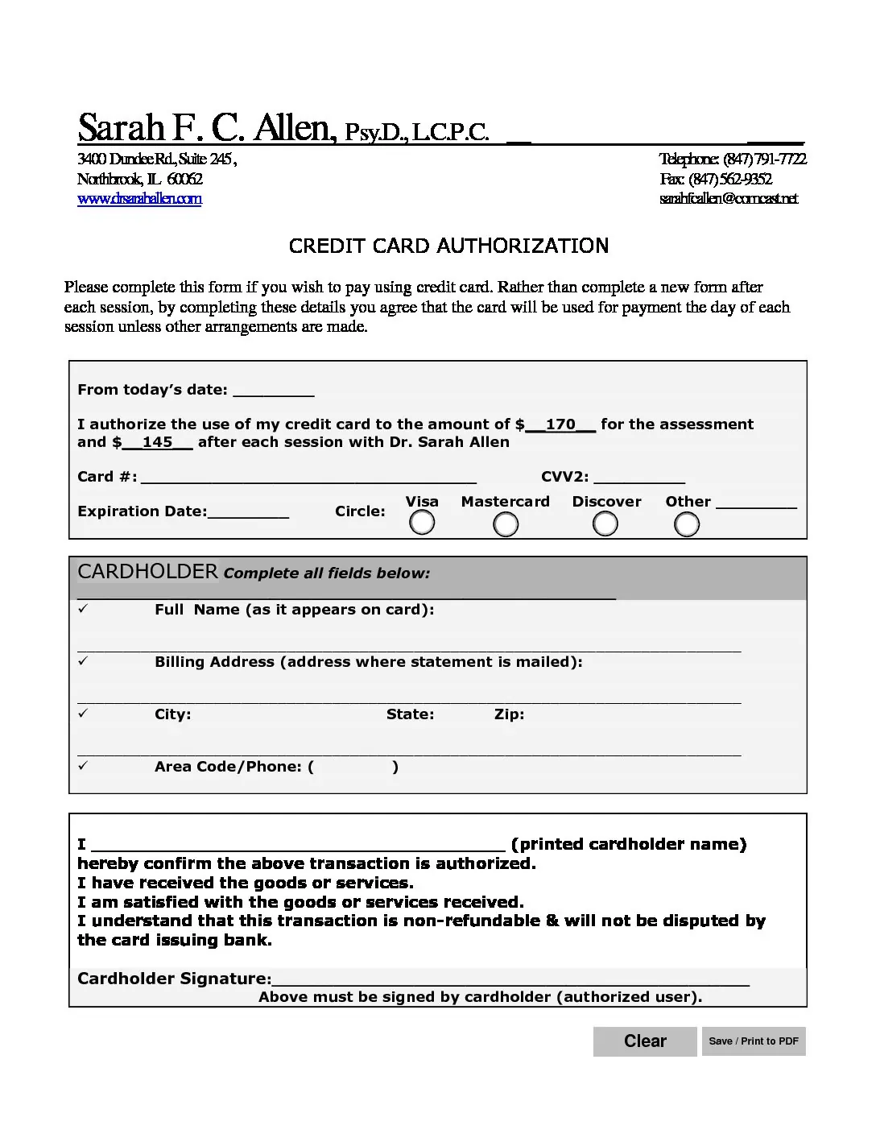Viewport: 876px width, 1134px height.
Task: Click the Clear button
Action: (645, 1041)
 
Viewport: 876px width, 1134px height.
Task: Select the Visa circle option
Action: (422, 524)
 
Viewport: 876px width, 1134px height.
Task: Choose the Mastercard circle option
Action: (506, 525)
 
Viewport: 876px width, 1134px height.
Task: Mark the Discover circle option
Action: (605, 524)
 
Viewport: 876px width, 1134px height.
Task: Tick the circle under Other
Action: (687, 525)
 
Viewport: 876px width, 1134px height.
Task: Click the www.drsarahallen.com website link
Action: (139, 199)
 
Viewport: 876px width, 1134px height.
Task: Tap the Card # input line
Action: (308, 478)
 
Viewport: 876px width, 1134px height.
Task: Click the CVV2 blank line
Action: (639, 478)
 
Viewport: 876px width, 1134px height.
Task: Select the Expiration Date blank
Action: (248, 512)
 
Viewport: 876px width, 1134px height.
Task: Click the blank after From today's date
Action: (273, 391)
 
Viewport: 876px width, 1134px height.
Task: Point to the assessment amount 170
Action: (560, 424)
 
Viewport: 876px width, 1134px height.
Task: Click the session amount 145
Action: (158, 442)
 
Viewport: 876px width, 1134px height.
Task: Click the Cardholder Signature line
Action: (510, 979)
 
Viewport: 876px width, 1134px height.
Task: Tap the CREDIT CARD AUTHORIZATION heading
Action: (448, 246)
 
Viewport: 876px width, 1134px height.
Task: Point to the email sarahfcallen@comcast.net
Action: (729, 199)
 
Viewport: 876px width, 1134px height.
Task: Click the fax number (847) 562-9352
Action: (729, 179)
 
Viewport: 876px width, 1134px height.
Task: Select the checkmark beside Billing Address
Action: (83, 661)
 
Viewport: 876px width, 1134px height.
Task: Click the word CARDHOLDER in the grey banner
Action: (147, 572)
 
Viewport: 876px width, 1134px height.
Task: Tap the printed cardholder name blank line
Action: (298, 845)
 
